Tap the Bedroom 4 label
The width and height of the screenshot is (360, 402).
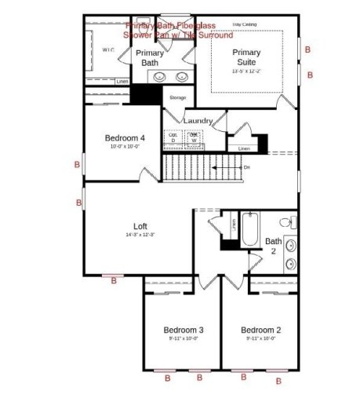click(x=125, y=138)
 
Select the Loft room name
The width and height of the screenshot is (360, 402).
click(x=140, y=225)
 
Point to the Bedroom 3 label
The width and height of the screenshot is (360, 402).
click(x=184, y=329)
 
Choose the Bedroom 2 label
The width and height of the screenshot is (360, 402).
click(x=260, y=329)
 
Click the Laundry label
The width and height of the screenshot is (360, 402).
click(x=199, y=121)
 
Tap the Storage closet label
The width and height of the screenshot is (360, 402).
click(x=177, y=98)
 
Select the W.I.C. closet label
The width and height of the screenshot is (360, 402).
click(x=107, y=49)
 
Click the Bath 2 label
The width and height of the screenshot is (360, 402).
click(x=273, y=246)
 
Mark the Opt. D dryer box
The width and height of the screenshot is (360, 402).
click(x=173, y=137)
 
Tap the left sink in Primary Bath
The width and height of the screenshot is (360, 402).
click(x=160, y=77)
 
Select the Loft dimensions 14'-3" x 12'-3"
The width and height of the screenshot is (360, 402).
click(x=140, y=235)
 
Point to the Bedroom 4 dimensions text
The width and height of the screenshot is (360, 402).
click(x=125, y=147)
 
